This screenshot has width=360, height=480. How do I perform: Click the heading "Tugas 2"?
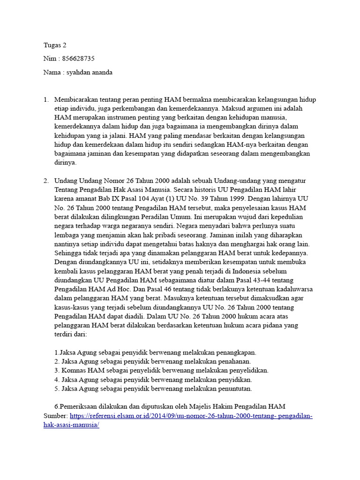[55, 45]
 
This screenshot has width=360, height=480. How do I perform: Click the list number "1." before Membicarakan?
[46, 100]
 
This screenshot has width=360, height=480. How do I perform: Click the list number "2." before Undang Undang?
[46, 181]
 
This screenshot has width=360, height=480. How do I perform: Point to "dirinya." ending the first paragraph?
[65, 163]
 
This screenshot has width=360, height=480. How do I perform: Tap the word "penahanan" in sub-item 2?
[232, 361]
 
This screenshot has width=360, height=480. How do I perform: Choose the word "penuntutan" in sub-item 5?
[232, 389]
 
